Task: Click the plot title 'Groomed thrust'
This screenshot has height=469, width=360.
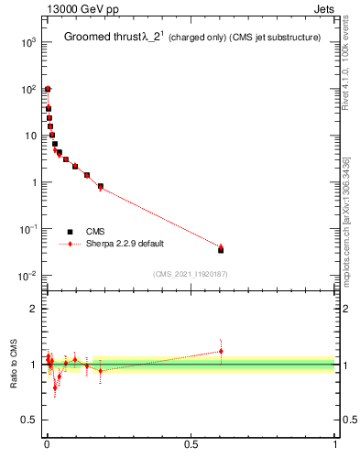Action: pyautogui.click(x=100, y=37)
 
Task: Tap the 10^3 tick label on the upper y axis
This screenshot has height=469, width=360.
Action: pyautogui.click(x=28, y=42)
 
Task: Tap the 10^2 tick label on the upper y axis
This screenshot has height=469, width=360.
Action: pyautogui.click(x=28, y=89)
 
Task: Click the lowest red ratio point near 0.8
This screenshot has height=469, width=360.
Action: pyautogui.click(x=55, y=387)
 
